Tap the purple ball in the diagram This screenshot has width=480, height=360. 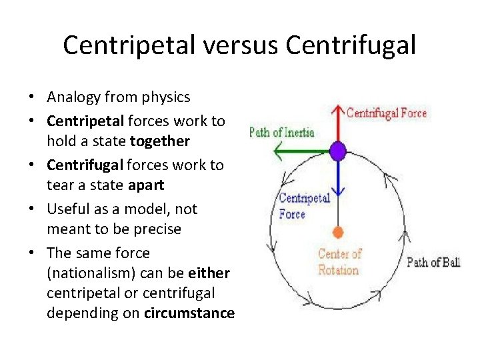coord(338,151)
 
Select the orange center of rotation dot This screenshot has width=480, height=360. coord(338,232)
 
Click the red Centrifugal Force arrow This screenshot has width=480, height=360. coord(337,123)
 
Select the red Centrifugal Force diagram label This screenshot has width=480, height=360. coord(387,113)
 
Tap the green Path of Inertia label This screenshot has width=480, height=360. coord(281,132)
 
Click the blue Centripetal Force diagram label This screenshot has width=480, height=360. coord(303,205)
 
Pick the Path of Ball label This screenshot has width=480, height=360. coord(433,262)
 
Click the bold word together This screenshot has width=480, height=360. coord(160,141)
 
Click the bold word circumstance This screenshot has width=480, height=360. coord(189,313)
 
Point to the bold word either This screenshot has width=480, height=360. coord(209,273)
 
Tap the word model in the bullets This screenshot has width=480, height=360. coord(155,209)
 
